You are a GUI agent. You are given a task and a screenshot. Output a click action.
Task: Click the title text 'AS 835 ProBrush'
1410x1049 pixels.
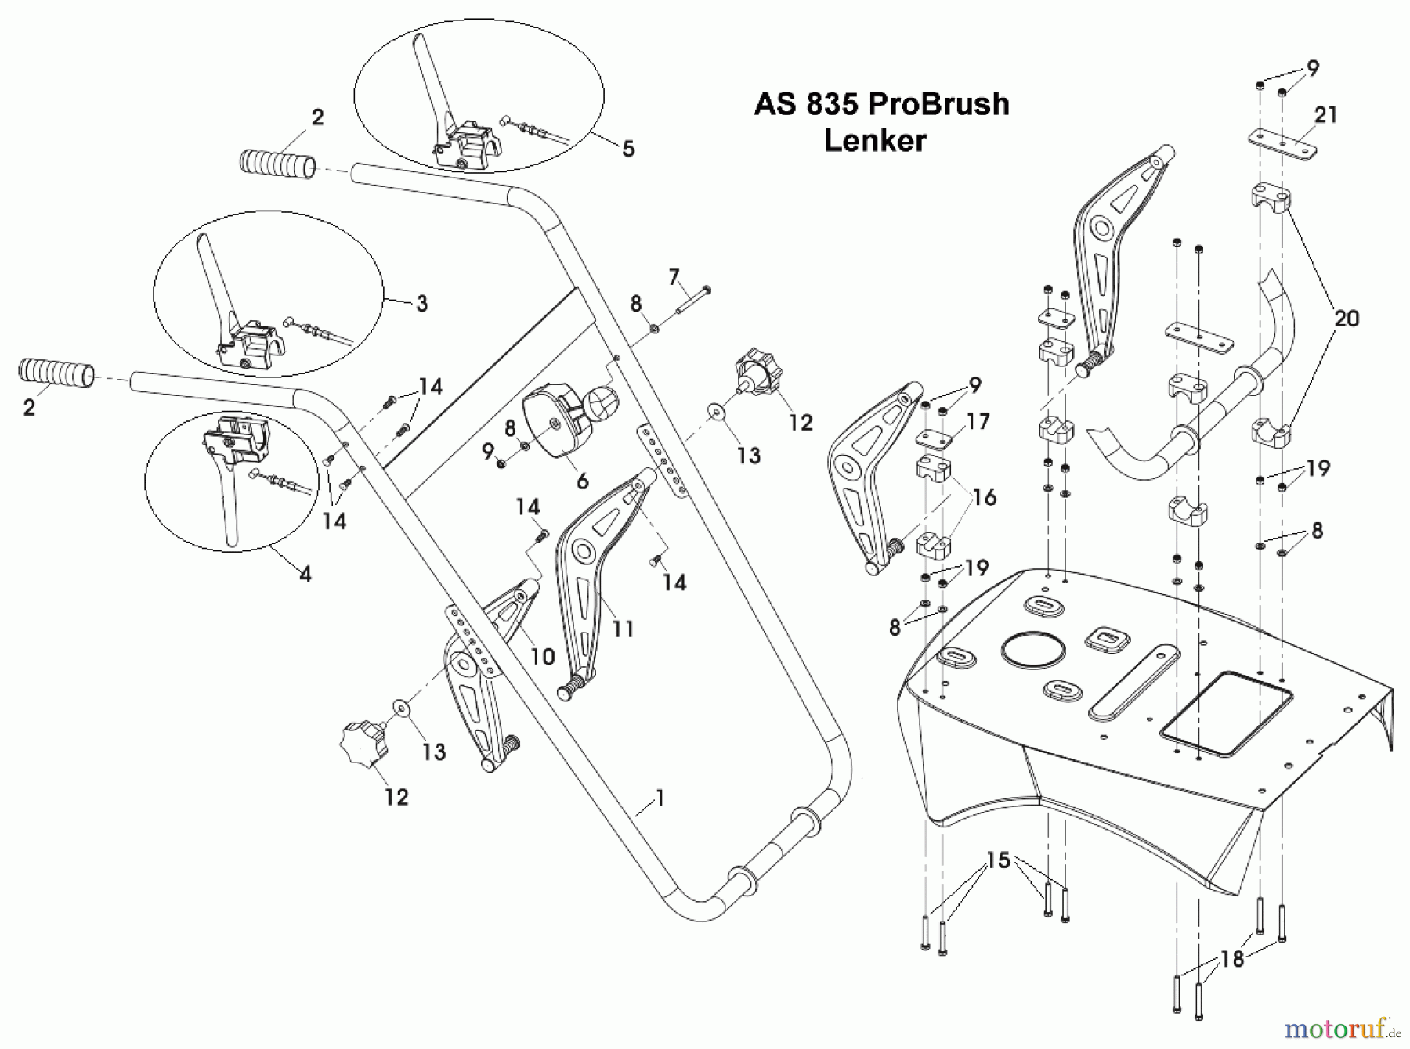(881, 104)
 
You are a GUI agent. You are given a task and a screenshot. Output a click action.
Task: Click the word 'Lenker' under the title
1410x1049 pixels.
(875, 141)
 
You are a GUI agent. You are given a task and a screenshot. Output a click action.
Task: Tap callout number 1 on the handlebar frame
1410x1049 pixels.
(660, 798)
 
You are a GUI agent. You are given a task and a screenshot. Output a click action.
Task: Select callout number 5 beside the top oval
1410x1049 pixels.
(628, 149)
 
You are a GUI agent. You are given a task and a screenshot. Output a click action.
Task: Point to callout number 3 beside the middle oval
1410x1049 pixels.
(421, 303)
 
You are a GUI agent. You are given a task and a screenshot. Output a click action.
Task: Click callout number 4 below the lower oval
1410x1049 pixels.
(305, 574)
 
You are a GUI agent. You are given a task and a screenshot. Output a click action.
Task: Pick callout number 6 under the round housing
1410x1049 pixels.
(582, 481)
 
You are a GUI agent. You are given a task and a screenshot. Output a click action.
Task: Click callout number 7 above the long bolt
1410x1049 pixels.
(674, 276)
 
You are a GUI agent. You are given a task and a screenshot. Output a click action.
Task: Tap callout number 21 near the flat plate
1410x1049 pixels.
(1325, 115)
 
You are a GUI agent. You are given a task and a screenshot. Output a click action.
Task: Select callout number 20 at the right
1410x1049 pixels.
(1346, 318)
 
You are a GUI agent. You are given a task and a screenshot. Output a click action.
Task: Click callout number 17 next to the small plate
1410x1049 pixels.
(978, 422)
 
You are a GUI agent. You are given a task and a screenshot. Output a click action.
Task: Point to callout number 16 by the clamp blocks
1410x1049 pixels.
(984, 497)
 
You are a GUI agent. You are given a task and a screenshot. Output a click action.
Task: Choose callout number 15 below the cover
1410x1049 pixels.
(998, 861)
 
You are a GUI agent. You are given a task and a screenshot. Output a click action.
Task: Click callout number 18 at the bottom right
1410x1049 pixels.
(1232, 959)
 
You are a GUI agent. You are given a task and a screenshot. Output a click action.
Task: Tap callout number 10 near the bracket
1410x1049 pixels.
(543, 656)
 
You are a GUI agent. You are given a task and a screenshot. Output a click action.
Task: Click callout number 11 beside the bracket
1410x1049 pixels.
(623, 629)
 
